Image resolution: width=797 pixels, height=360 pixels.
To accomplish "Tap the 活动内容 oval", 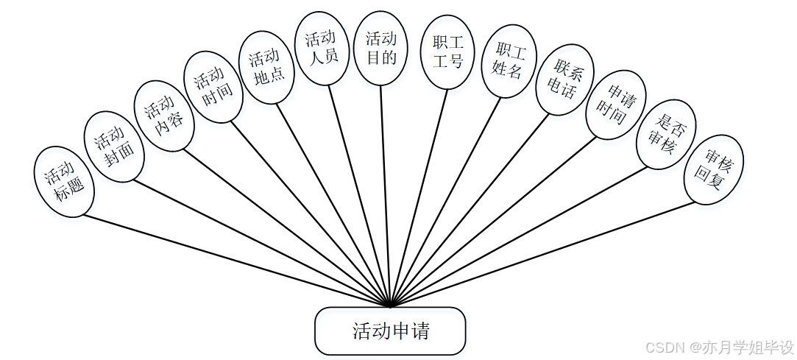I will pos(164,115).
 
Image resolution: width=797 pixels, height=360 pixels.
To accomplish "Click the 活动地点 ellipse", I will pos(267,67).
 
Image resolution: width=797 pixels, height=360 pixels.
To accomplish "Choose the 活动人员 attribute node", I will pos(322,49).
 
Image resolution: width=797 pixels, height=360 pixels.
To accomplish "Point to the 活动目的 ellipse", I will pos(380,48).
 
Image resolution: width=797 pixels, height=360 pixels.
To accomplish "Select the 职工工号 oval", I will pos(447,52).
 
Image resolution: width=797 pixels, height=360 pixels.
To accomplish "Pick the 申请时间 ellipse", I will pos(615,105).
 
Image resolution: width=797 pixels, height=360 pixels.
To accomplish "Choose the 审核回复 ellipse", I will pos(713,169).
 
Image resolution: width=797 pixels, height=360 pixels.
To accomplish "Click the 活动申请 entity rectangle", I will pos(390,331).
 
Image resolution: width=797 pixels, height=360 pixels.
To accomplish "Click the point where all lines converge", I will pos(391,305).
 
